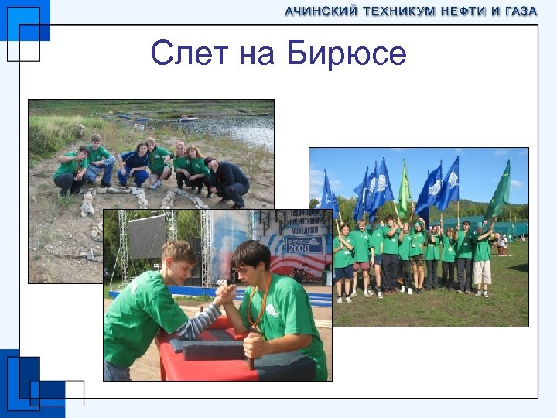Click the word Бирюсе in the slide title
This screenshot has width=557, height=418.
tap(346, 54)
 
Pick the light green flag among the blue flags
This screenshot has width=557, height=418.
tap(404, 190)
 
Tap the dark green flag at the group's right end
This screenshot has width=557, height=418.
tap(499, 192)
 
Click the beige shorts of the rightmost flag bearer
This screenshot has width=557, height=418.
tap(482, 272)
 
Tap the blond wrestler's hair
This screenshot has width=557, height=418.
tap(179, 252)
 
